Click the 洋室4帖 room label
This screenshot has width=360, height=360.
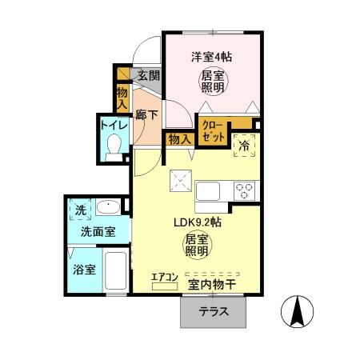pos(212,57)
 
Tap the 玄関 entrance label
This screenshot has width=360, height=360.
pos(149,76)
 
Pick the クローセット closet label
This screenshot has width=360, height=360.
pos(213,131)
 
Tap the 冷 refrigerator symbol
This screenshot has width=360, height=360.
pos(243,145)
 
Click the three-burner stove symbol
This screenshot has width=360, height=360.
pos(243,191)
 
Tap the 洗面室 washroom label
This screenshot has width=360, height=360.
pos(96,232)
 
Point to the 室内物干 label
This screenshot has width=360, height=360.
pos(212,284)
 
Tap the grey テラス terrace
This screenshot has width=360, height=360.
pos(214,312)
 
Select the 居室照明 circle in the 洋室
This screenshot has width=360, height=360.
pos(212,80)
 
